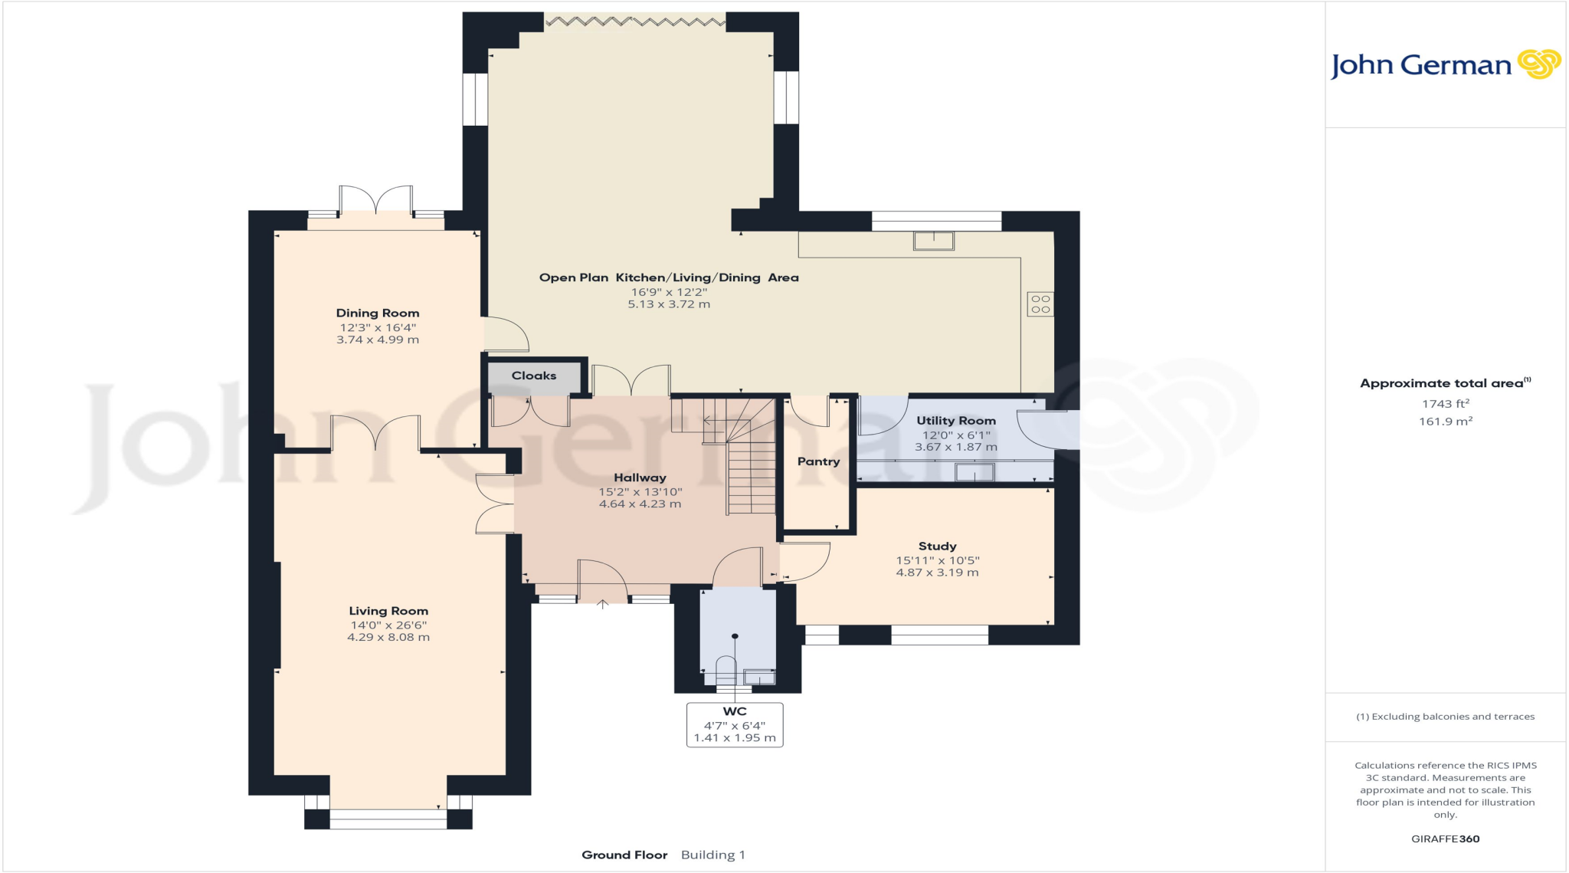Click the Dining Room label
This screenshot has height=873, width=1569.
(378, 313)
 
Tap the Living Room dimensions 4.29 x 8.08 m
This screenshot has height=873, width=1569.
(388, 637)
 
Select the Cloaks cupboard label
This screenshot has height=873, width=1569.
(534, 376)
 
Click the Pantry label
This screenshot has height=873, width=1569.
(818, 461)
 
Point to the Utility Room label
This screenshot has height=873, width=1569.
(956, 420)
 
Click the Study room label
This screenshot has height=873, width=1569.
(937, 546)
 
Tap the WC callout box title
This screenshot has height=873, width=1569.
(734, 711)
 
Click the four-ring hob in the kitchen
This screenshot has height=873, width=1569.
(1040, 304)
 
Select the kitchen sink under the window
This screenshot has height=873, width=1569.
(933, 241)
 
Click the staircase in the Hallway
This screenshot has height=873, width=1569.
(751, 475)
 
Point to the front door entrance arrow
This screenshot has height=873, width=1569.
(603, 604)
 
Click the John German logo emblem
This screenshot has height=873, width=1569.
(1538, 64)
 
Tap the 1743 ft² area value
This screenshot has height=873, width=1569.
(1445, 404)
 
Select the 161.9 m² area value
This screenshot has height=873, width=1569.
(1445, 422)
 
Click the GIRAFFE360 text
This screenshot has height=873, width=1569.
(1445, 839)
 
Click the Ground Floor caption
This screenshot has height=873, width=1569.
(624, 855)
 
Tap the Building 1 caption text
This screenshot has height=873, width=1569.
(712, 855)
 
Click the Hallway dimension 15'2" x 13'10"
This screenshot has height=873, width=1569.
(640, 492)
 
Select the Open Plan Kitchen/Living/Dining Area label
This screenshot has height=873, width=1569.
(669, 277)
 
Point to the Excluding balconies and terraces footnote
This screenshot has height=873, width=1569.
(1445, 717)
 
